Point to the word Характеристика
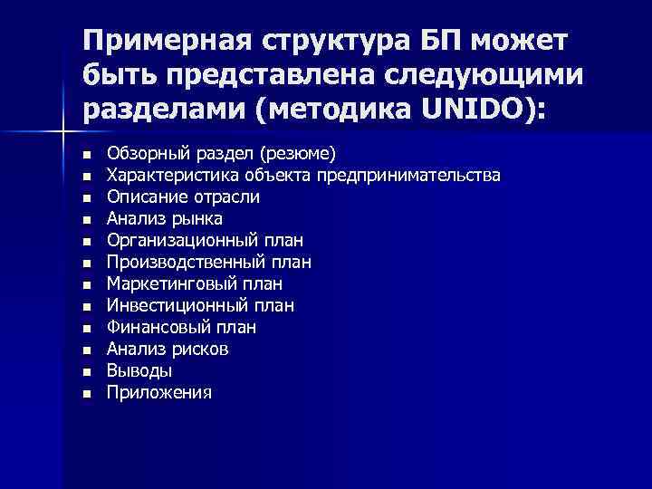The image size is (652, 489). pos(163,174)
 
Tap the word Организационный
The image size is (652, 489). pos(181,240)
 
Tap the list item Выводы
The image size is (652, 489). pos(139,370)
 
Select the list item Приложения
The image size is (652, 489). pos(159,392)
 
